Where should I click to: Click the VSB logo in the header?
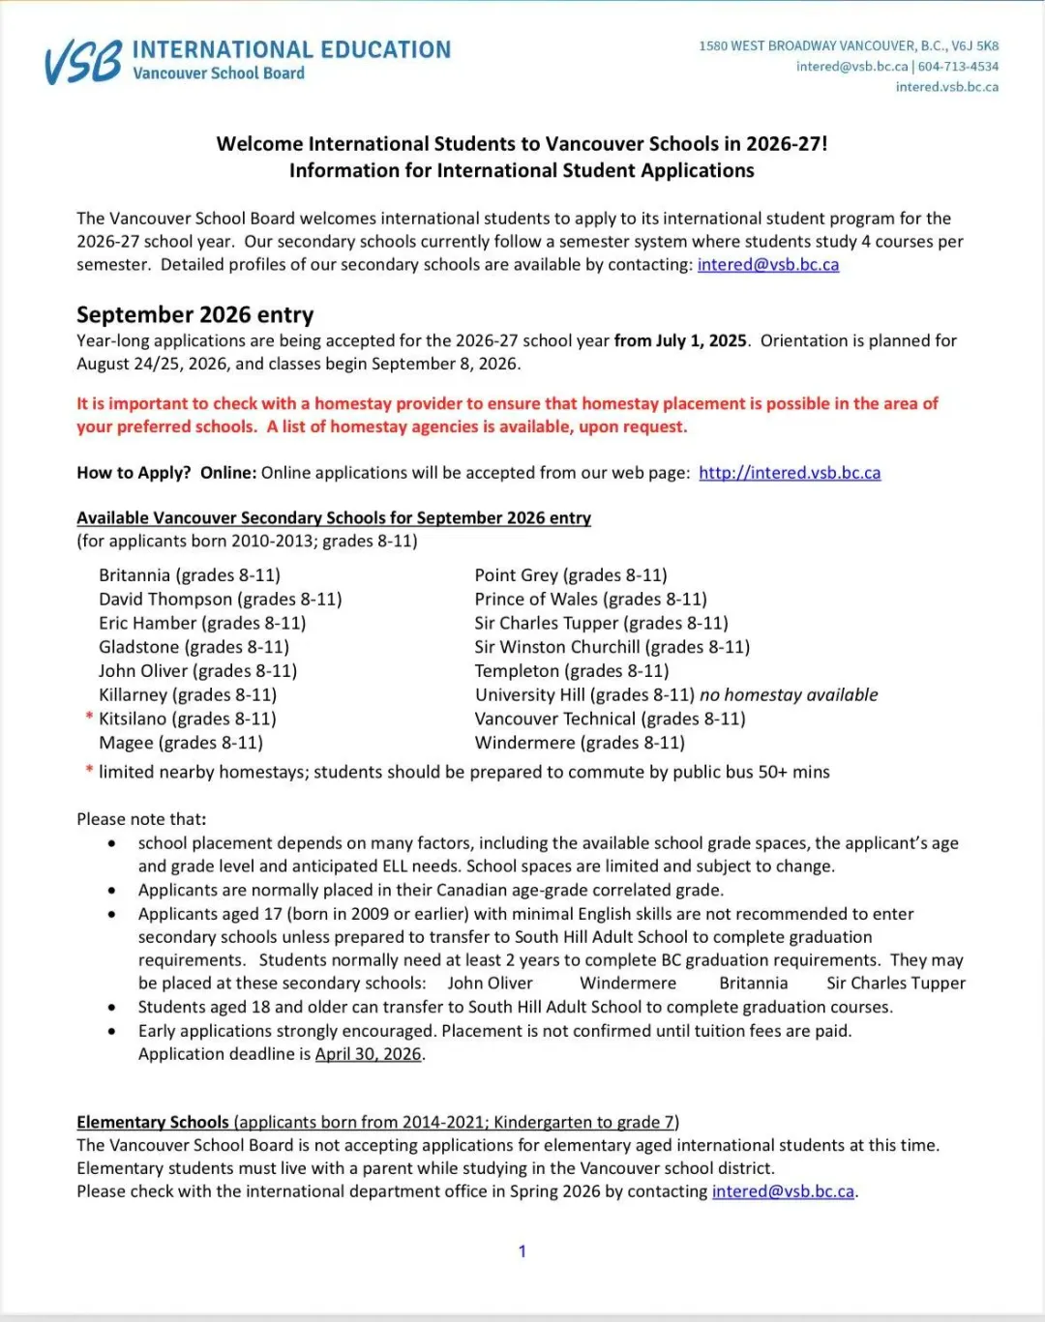coord(83,62)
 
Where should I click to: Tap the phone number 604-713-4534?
coord(958,67)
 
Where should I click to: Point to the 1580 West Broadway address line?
coord(849,45)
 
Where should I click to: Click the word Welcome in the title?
coord(259,144)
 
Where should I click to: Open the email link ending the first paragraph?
coord(767,265)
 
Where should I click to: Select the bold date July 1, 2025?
coord(680,340)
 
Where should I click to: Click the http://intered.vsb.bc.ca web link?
coord(790,473)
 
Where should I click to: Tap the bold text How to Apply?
coord(134,473)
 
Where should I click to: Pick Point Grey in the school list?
coord(517,575)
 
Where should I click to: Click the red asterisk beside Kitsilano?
coord(89,718)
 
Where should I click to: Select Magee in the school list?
coord(126,743)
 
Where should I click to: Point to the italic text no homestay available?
coord(789,695)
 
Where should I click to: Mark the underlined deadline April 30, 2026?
coord(368,1054)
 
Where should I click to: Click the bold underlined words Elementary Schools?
coord(153,1122)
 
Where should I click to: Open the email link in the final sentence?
coord(783,1191)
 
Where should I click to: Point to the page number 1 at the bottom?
coord(522,1251)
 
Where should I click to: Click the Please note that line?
coord(141,819)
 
